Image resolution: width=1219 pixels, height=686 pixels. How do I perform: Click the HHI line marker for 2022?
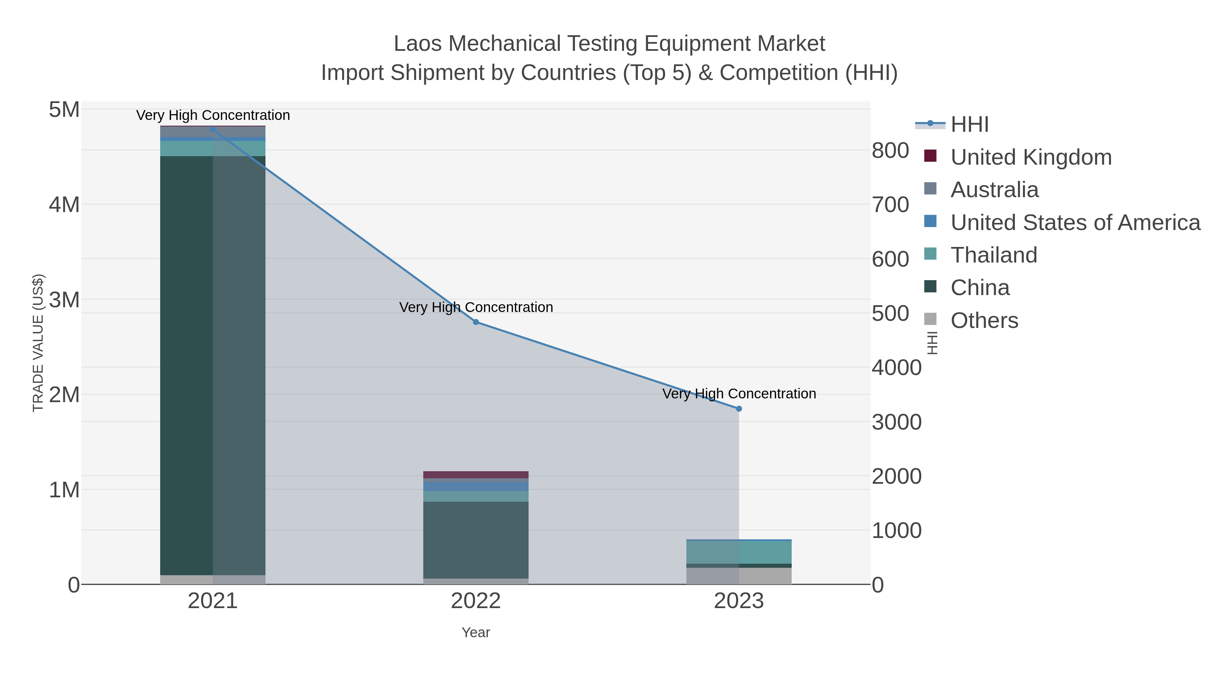tap(476, 322)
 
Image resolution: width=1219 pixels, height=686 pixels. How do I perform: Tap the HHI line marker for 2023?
tap(739, 409)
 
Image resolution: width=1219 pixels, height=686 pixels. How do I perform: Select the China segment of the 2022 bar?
tap(476, 540)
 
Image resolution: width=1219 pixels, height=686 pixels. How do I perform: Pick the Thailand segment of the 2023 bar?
tap(739, 552)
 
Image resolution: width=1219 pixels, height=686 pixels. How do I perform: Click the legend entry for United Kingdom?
tap(1031, 157)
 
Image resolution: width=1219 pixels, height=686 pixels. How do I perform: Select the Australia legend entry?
tap(994, 190)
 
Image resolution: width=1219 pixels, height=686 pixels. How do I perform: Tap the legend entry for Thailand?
tap(994, 255)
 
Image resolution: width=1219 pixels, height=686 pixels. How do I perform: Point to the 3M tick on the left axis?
tap(64, 300)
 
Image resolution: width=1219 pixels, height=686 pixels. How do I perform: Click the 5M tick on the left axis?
tap(64, 110)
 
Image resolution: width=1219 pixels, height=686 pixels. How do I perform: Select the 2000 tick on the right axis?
tap(896, 476)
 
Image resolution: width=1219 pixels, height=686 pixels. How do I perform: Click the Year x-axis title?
tap(476, 632)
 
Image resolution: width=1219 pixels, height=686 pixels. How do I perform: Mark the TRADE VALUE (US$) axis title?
tap(38, 343)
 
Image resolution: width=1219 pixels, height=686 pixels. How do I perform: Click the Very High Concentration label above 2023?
tap(739, 394)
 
